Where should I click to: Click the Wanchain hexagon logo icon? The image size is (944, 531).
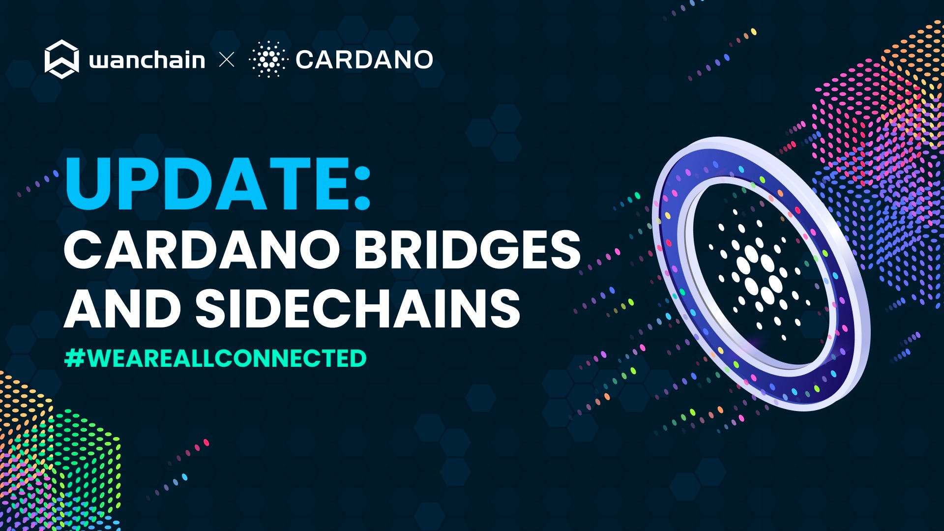pyautogui.click(x=61, y=59)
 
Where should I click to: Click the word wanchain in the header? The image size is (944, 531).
pyautogui.click(x=147, y=60)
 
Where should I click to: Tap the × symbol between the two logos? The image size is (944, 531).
pyautogui.click(x=227, y=60)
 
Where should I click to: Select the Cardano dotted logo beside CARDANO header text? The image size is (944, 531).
pyautogui.click(x=267, y=59)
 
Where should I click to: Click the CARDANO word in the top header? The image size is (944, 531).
pyautogui.click(x=364, y=60)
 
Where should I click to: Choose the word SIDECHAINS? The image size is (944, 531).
pyautogui.click(x=358, y=308)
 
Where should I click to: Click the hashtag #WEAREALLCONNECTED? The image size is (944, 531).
pyautogui.click(x=215, y=358)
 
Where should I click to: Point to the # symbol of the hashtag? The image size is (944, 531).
pyautogui.click(x=75, y=358)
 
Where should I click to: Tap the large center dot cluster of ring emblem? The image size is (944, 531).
pyautogui.click(x=757, y=275)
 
